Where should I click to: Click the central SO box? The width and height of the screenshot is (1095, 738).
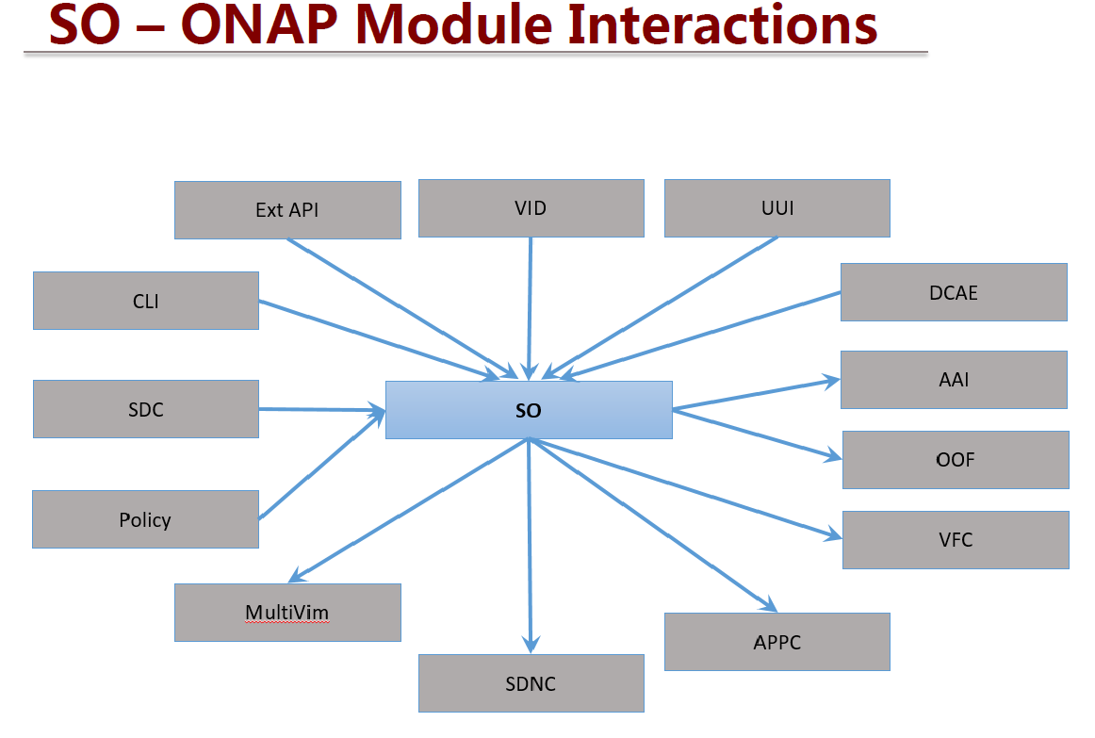(x=529, y=410)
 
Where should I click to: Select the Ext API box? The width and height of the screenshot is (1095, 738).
(x=287, y=210)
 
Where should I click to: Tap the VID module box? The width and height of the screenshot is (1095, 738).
(x=531, y=208)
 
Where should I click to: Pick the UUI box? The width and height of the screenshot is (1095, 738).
(x=777, y=208)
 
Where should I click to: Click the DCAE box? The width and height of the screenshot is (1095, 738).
(x=954, y=292)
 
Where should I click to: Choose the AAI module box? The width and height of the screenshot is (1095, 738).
(x=954, y=380)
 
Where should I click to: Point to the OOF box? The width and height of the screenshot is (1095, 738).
(x=956, y=460)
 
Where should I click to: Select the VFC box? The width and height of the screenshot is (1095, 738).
(x=956, y=540)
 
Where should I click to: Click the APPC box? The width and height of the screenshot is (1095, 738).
(x=777, y=642)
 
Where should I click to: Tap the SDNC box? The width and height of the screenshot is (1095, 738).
(x=531, y=683)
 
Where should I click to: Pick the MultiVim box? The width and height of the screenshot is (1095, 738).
(x=287, y=613)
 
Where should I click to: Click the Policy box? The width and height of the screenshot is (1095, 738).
(x=145, y=519)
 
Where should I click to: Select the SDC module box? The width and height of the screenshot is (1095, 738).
(x=146, y=409)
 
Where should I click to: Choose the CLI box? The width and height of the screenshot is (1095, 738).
(x=146, y=301)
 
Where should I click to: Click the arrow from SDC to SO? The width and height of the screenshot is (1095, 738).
(x=322, y=410)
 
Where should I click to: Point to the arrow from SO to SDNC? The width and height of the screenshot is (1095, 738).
(x=530, y=546)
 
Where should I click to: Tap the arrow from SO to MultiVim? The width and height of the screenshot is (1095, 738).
(x=409, y=511)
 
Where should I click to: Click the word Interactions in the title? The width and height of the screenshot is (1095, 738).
(x=722, y=25)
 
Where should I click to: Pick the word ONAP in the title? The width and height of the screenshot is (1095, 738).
(x=260, y=25)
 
